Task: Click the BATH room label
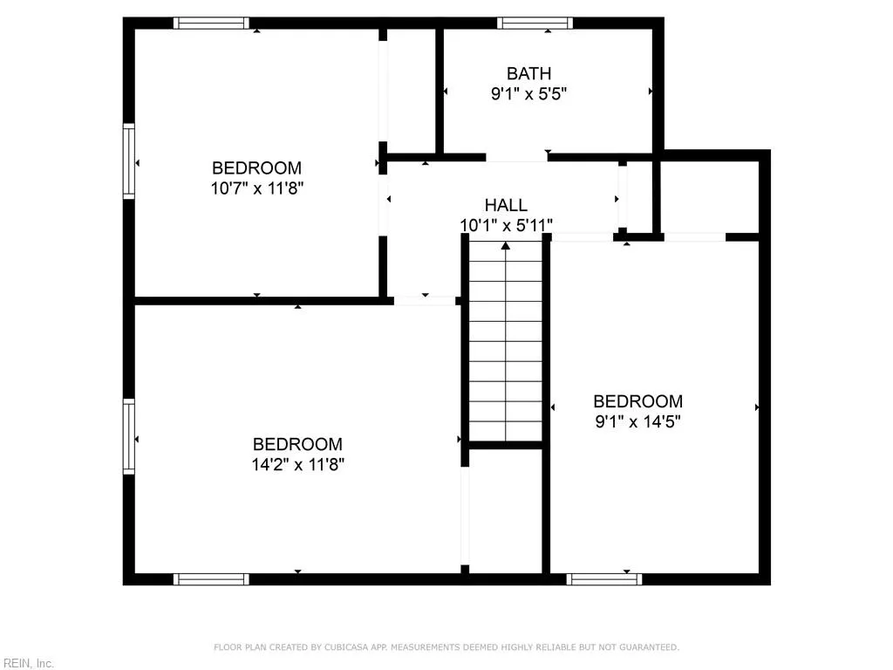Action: pyautogui.click(x=528, y=74)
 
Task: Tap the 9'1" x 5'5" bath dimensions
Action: pyautogui.click(x=528, y=94)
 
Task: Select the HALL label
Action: pyautogui.click(x=506, y=205)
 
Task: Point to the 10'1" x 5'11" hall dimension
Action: pyautogui.click(x=506, y=225)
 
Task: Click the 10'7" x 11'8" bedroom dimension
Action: pyautogui.click(x=256, y=188)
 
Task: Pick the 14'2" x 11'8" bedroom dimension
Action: pyautogui.click(x=297, y=464)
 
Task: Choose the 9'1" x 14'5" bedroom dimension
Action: pyautogui.click(x=637, y=421)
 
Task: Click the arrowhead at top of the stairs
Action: pyautogui.click(x=506, y=246)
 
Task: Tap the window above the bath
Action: pyautogui.click(x=535, y=24)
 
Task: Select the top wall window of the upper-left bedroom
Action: pyautogui.click(x=211, y=24)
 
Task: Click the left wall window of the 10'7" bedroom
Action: pyautogui.click(x=129, y=161)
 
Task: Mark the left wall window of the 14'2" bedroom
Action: pyautogui.click(x=129, y=436)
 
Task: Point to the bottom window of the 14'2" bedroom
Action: pyautogui.click(x=211, y=578)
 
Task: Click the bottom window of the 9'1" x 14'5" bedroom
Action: pyautogui.click(x=604, y=578)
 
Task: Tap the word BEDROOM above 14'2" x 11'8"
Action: pyautogui.click(x=297, y=444)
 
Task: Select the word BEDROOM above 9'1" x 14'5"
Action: pyautogui.click(x=637, y=401)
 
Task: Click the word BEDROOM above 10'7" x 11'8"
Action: pyautogui.click(x=256, y=167)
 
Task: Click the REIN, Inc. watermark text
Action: pyautogui.click(x=28, y=664)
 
